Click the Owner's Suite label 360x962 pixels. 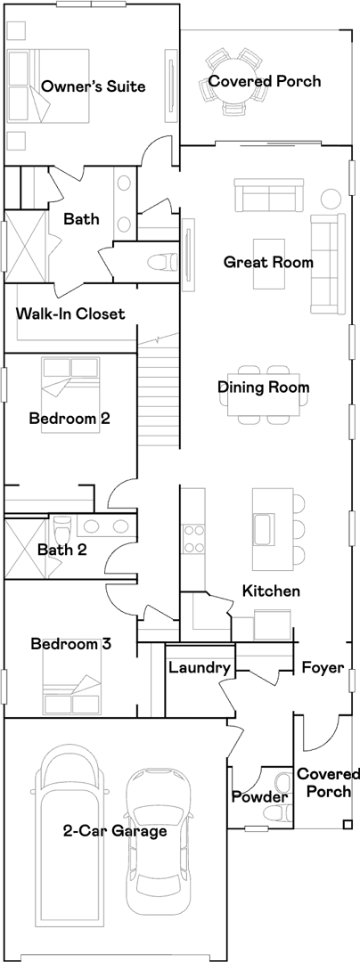pos(94,86)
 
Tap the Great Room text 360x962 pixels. pos(268,263)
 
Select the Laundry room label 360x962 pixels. pos(200,668)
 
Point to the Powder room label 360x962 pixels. pos(259,797)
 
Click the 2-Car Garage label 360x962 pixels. pos(115,831)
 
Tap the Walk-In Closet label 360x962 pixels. pos(70,314)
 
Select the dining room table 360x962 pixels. pos(263,394)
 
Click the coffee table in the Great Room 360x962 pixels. pos(269,263)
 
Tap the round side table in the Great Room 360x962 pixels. pos(331,198)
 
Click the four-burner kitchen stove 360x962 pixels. pos(194,539)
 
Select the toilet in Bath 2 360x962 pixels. pos(62,527)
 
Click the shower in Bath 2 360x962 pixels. pos(26,549)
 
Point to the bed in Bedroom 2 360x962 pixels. pos(70,395)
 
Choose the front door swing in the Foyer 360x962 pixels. pos(321,734)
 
